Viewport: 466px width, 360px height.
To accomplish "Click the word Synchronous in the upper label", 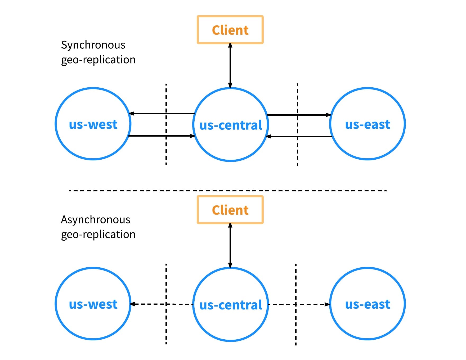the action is (93, 45).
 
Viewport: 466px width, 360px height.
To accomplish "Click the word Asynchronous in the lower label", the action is (96, 220).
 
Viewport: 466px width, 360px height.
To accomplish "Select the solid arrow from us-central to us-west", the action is (162, 114).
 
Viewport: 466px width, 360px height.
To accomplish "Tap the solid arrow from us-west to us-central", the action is (162, 136).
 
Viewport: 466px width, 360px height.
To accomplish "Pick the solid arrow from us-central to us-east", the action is (299, 115).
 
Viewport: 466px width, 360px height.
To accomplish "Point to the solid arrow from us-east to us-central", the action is (299, 136).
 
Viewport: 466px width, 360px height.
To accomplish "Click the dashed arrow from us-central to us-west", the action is (162, 304).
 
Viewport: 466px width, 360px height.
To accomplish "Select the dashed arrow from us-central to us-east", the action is (299, 304).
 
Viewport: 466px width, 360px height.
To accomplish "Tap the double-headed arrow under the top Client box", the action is (230, 65).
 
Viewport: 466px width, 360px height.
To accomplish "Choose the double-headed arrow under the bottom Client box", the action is (230, 245).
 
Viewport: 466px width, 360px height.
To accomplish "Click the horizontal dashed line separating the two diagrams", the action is (228, 191).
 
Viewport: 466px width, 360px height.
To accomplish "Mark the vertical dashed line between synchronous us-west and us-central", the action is (166, 124).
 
